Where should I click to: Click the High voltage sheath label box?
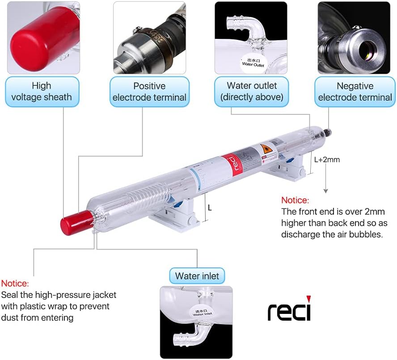[42, 91]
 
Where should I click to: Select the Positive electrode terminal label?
[149, 91]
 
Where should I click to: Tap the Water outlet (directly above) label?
[252, 91]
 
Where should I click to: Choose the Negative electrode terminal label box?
[355, 91]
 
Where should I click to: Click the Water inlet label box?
[197, 276]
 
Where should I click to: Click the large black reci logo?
[289, 309]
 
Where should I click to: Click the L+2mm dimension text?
[327, 159]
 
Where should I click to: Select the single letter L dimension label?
[210, 208]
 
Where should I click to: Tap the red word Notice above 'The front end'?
[295, 200]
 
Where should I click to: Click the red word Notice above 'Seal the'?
[15, 284]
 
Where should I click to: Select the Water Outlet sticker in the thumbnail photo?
[253, 62]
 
